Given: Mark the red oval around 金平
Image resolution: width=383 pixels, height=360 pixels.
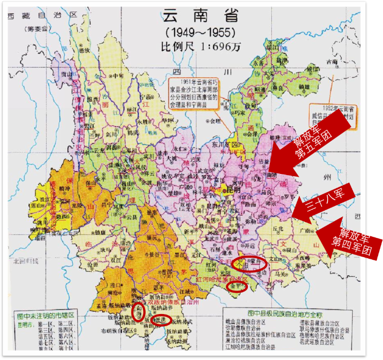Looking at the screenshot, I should point(237,286).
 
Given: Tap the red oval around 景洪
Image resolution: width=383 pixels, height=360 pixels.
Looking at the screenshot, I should point(160,320).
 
